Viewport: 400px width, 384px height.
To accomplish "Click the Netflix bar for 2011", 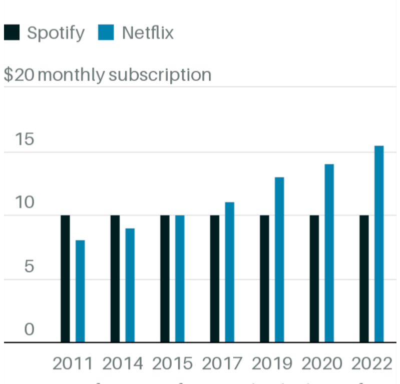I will tap(80, 291).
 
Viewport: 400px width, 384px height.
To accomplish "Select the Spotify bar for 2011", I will tap(65, 279).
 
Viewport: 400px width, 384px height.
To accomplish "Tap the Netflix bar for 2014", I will tap(130, 285).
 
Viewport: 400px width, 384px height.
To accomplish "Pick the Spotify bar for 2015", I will tap(165, 279).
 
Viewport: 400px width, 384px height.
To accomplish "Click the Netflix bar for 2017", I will tap(230, 272).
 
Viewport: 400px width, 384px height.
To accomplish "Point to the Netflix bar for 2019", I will tap(279, 260).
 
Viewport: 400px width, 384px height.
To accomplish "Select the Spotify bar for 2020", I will tap(314, 279).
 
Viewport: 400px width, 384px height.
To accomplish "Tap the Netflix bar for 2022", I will tap(379, 244).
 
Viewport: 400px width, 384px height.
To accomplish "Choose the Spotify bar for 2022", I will tap(364, 279).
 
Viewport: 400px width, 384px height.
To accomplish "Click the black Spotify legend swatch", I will tap(12, 33).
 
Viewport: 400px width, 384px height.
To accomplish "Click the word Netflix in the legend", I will tap(148, 33).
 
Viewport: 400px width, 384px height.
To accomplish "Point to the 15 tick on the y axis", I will tap(25, 139).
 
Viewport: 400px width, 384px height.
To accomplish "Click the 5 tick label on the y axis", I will tap(29, 266).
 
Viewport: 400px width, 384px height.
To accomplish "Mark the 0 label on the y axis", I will tap(29, 329).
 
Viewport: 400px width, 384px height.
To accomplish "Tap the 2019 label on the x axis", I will tap(272, 363).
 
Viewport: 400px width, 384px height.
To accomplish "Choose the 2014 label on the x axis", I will tap(123, 363).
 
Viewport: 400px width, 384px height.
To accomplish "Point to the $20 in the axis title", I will tap(19, 75).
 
